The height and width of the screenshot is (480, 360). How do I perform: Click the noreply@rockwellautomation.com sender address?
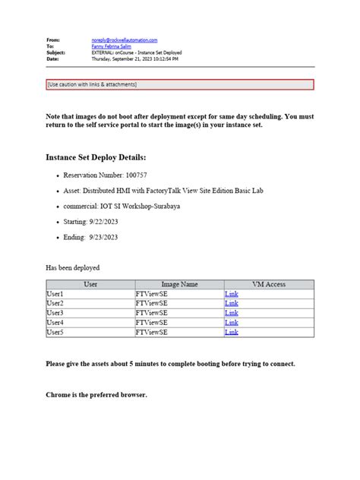(x=125, y=39)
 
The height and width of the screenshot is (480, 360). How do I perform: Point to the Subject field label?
(x=56, y=52)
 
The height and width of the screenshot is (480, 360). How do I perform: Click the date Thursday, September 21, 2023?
(x=125, y=58)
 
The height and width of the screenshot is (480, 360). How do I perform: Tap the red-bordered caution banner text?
(x=92, y=84)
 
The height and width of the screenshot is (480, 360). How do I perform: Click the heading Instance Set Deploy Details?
(x=96, y=157)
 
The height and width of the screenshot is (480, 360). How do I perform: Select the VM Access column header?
(x=269, y=284)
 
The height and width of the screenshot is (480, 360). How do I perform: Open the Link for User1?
(x=232, y=294)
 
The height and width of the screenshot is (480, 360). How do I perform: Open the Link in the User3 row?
(x=232, y=313)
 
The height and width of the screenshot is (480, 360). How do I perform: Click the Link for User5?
(x=232, y=332)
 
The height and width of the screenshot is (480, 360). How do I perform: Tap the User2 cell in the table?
(x=55, y=303)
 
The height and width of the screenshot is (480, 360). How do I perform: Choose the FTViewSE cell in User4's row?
(x=153, y=323)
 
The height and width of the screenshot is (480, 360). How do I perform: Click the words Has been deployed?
(x=73, y=267)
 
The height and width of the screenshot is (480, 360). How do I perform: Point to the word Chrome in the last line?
(x=58, y=395)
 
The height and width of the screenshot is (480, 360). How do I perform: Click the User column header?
(x=90, y=284)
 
